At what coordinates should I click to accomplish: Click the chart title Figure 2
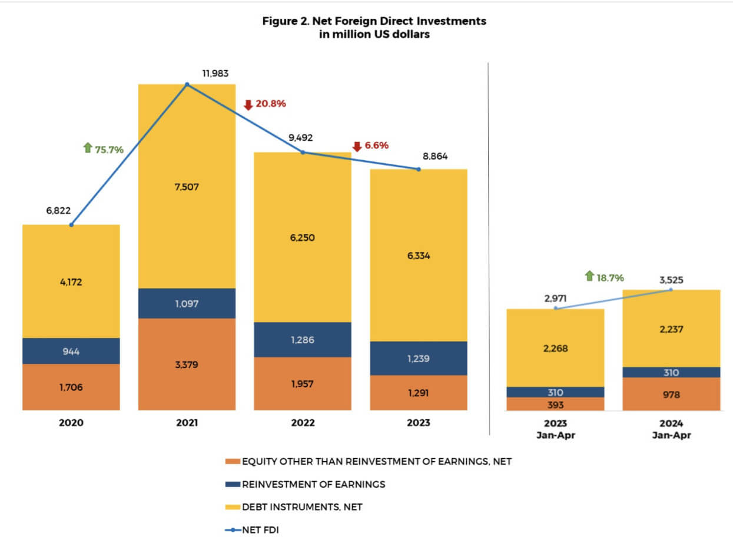pos(374,26)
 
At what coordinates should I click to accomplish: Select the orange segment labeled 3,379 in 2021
pos(187,364)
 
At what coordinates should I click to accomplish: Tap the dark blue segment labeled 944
pos(71,351)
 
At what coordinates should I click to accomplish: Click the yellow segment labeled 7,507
pos(187,187)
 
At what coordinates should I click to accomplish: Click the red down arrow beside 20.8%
pos(248,105)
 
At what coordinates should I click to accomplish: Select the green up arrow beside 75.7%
pos(88,148)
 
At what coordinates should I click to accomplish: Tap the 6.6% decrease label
pos(377,145)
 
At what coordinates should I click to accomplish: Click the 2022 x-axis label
pos(303,423)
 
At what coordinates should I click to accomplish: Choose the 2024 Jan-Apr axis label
pos(671,429)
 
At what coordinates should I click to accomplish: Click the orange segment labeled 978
pos(671,394)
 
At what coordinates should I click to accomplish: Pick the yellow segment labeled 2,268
pos(555,347)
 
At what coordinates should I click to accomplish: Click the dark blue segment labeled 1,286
pos(302,340)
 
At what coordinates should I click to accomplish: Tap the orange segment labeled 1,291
pos(418,393)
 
